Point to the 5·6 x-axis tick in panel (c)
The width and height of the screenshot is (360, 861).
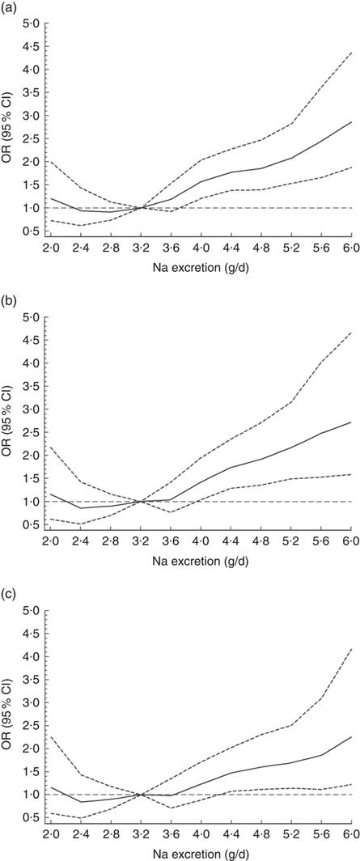[320, 833]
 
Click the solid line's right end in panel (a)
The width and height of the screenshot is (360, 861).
[350, 121]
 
